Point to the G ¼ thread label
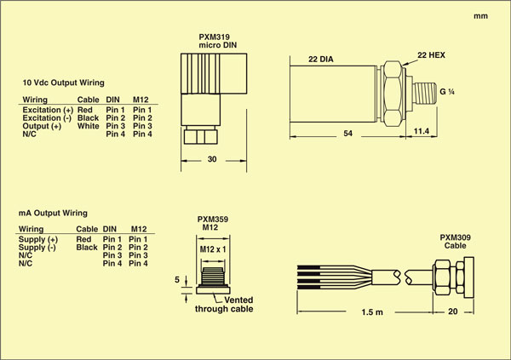point(447,89)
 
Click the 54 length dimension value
point(347,134)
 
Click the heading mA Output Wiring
point(54,212)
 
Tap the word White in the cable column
point(89,126)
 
